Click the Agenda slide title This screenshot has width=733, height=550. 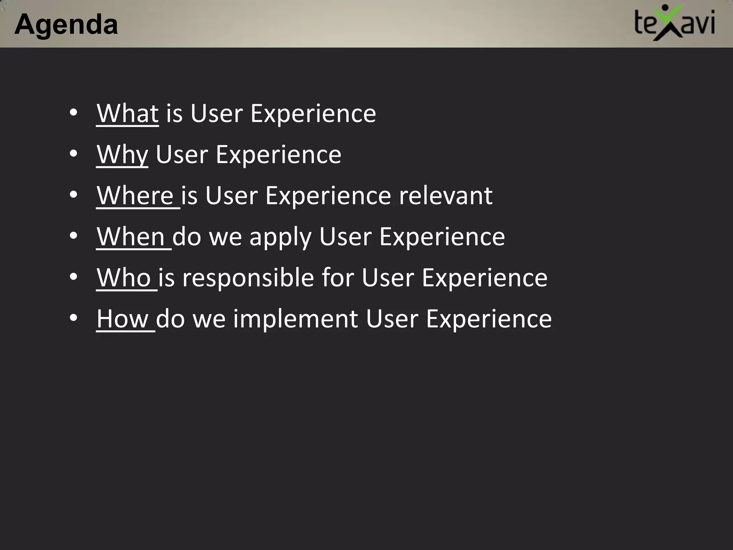click(66, 24)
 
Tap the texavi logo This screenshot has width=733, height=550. click(674, 23)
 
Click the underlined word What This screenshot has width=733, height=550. click(127, 114)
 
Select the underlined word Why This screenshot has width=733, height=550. click(122, 155)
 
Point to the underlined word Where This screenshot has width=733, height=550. click(135, 196)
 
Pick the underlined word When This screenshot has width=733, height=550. click(131, 237)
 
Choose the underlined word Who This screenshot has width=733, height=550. click(124, 278)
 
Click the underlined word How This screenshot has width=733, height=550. click(123, 319)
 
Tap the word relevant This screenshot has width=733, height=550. click(446, 196)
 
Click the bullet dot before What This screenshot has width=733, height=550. click(73, 113)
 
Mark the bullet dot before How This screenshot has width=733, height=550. click(73, 318)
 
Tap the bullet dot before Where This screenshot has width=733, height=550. click(73, 195)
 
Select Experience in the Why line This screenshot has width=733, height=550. click(278, 155)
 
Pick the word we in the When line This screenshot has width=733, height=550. click(225, 237)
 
